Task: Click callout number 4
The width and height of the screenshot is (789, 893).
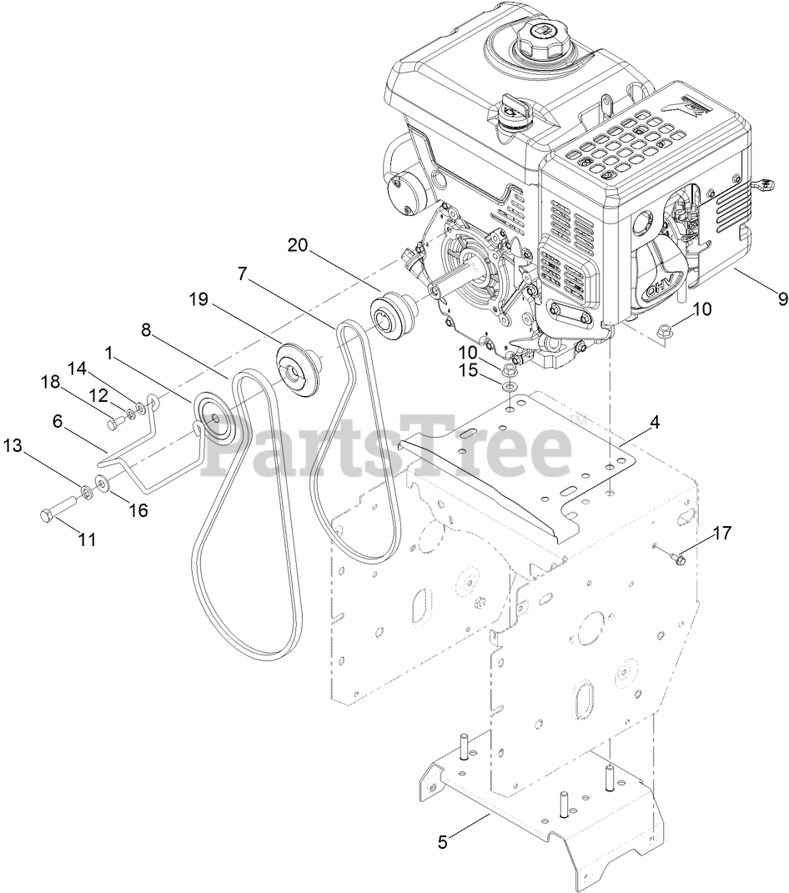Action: coord(655,422)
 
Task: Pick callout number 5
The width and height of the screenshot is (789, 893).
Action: coord(443,841)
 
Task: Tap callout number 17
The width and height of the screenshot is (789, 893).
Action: coord(721,533)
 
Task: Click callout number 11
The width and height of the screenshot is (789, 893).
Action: coord(87,539)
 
